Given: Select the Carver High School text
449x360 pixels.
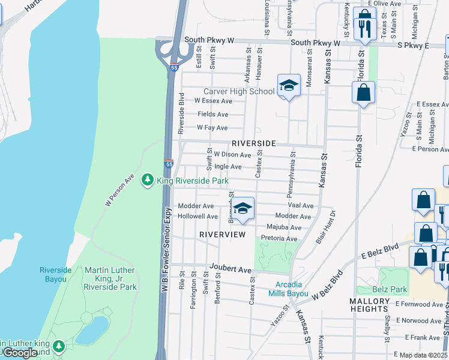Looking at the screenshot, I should [239, 91].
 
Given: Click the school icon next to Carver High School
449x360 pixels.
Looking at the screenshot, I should [289, 86].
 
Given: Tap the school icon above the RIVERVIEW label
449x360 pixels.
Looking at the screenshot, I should [243, 209].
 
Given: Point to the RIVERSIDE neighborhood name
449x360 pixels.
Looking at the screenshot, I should [253, 143].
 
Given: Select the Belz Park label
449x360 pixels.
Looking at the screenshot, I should [390, 290].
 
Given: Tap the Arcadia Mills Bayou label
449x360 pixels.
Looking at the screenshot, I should [292, 289].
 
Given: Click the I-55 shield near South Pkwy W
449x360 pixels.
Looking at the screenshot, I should [173, 67].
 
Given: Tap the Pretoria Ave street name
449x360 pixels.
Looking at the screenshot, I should [279, 239].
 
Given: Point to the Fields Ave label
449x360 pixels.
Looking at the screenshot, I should [213, 114].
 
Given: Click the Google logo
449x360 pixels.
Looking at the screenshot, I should [20, 353].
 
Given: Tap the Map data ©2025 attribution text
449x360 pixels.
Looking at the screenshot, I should [423, 355].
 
